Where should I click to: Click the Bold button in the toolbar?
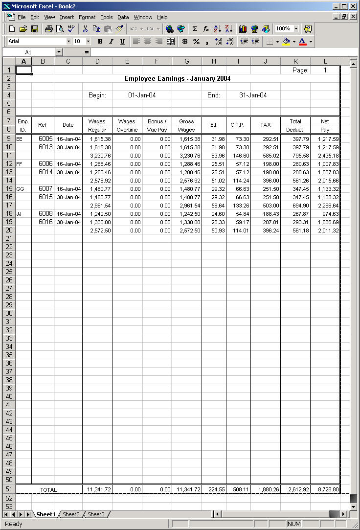point(100,42)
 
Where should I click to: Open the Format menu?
point(87,17)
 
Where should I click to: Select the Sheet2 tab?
point(71,514)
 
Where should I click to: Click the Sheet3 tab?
point(96,514)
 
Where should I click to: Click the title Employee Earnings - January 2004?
point(178,78)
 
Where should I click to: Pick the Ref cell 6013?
point(45,147)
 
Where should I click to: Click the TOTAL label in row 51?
point(48,489)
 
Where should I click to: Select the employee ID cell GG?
point(20,188)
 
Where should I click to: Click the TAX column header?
point(266,125)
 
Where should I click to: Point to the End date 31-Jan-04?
point(253,95)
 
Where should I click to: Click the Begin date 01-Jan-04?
point(142,95)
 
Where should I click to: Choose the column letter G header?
point(186,61)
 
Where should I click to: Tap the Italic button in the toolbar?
point(111,42)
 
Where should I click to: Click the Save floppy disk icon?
point(35,29)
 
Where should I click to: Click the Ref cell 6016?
point(45,222)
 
